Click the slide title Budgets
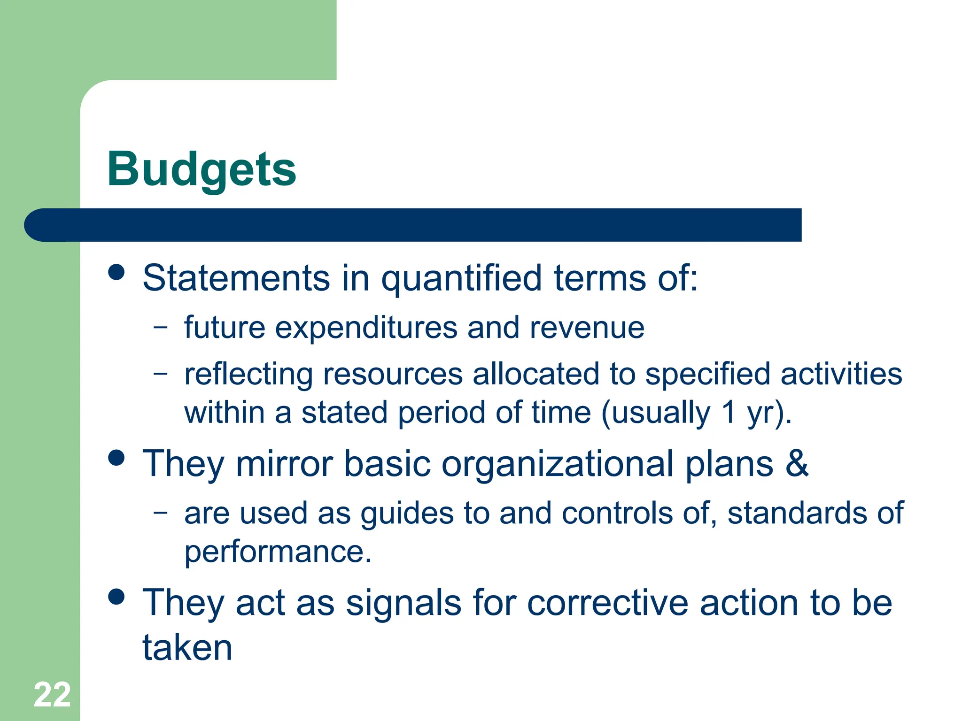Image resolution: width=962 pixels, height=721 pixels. click(x=202, y=170)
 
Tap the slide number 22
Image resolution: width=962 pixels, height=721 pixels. click(x=52, y=695)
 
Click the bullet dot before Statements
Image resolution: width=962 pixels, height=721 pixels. click(x=116, y=272)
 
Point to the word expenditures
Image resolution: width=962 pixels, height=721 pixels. click(x=366, y=328)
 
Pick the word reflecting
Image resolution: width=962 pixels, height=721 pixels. click(x=248, y=375)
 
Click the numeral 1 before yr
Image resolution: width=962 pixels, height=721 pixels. click(x=729, y=412)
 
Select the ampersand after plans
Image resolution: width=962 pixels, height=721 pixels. click(x=797, y=463)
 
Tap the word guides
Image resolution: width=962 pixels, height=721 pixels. click(x=407, y=514)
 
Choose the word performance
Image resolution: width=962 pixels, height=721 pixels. click(x=278, y=552)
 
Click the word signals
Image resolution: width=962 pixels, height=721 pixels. click(x=403, y=604)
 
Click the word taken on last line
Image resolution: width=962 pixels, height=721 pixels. click(x=187, y=648)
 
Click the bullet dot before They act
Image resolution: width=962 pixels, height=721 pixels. click(x=116, y=597)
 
